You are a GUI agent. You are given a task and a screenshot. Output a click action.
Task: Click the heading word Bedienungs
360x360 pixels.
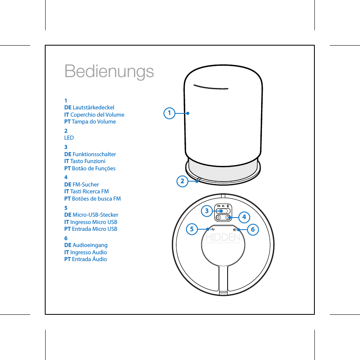[x=109, y=71]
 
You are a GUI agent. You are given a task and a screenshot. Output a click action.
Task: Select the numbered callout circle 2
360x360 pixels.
[x=182, y=181]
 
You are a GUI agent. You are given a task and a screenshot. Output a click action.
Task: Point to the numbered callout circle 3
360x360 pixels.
[x=207, y=211]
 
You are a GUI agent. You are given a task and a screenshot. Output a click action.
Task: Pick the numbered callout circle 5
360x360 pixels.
[x=192, y=230]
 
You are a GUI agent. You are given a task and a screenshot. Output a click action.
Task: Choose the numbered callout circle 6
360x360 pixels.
[x=253, y=230]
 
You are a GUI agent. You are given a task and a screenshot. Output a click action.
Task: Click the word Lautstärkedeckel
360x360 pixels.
[x=93, y=107]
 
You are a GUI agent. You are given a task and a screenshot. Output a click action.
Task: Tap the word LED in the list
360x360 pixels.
[x=69, y=138]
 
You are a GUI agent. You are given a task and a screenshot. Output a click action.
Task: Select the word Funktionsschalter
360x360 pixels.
[x=94, y=154]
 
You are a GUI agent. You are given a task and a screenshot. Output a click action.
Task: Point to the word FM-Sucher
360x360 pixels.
[x=86, y=184]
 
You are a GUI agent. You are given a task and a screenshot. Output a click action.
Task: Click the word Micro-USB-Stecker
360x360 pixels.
[x=95, y=215]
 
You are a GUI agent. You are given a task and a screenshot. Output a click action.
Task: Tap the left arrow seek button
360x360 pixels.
[x=219, y=217]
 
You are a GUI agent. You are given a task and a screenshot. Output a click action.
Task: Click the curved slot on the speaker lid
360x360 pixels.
[x=211, y=87]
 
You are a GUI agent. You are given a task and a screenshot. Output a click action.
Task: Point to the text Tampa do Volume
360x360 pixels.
[x=94, y=121]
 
